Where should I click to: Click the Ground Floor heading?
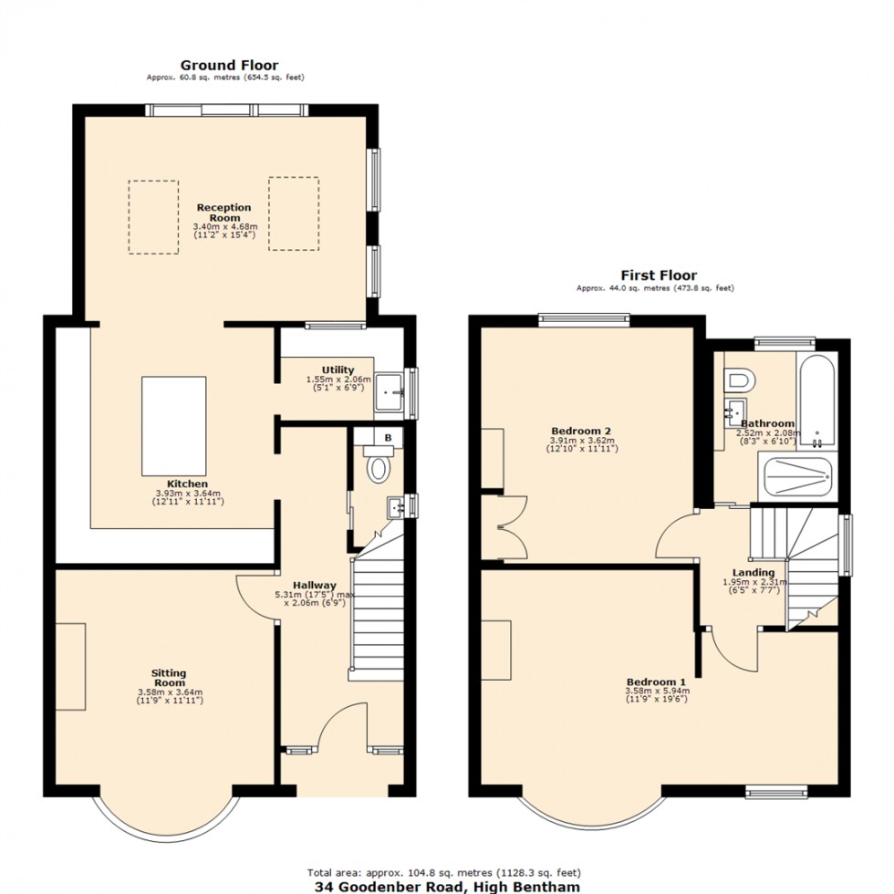229,65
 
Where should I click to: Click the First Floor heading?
659,275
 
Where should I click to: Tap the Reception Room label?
224,213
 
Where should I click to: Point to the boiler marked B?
388,439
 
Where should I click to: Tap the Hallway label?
314,586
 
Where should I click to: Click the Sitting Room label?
170,678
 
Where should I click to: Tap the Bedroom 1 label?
656,681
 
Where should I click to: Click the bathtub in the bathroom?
816,398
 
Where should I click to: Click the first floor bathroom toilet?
735,377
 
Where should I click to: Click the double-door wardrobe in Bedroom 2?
504,526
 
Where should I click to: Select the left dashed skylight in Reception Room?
153,216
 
